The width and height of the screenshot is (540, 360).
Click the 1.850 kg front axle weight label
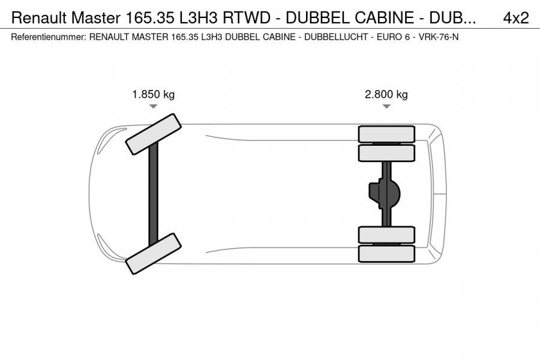(x=154, y=94)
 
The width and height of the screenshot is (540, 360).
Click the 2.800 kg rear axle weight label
(x=386, y=94)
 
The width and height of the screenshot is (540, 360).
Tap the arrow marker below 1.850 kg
(x=154, y=106)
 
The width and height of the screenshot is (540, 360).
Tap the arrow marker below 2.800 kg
(x=386, y=106)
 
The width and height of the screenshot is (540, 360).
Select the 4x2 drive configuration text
(x=515, y=18)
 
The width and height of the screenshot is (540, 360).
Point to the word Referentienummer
(x=49, y=37)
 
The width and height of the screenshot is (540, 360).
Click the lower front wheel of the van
(x=154, y=253)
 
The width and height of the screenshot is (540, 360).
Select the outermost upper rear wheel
(x=386, y=134)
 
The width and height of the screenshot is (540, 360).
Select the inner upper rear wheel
(x=386, y=153)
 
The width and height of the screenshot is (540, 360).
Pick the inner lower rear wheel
(x=386, y=235)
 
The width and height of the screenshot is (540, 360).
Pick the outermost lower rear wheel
(x=386, y=253)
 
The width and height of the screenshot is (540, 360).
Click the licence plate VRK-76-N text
(x=439, y=37)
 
